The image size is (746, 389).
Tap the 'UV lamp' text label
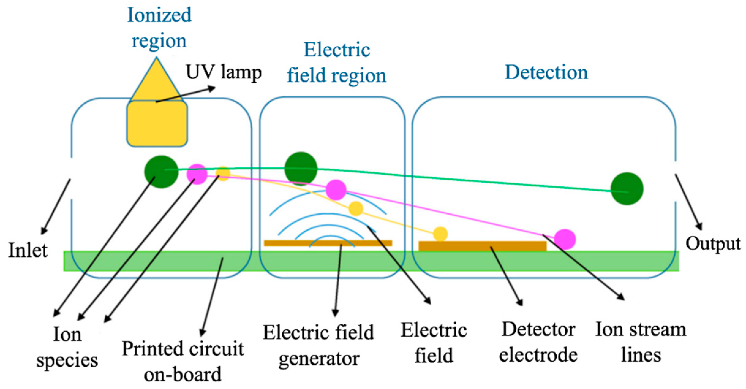(224, 73)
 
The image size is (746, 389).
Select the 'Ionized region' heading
(159, 28)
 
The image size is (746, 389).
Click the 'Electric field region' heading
(337, 63)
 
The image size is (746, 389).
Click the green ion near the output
(627, 189)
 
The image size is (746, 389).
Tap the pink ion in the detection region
(565, 239)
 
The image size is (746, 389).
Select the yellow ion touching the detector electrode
(441, 234)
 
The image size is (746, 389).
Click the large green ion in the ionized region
(161, 172)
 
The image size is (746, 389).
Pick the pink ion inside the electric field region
(336, 190)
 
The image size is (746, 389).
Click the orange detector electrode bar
(482, 246)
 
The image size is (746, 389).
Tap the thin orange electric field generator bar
(328, 243)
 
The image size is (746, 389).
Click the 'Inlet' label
(28, 250)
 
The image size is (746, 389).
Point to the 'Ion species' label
(67, 347)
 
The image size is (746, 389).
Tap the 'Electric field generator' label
(318, 345)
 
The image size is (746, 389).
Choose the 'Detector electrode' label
(538, 342)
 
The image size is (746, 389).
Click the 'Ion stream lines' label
(641, 342)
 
